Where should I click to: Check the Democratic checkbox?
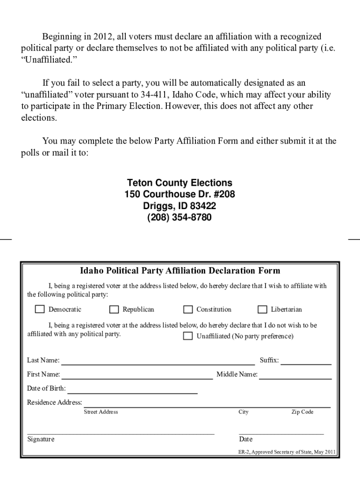[40, 309]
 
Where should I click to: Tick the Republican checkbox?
[114, 309]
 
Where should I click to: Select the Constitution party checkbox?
[188, 309]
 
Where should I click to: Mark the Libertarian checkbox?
[262, 309]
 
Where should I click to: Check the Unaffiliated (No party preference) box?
[188, 336]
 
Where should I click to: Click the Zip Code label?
[302, 412]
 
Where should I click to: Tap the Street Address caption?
[101, 412]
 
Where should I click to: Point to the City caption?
[244, 412]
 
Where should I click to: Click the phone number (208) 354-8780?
[180, 218]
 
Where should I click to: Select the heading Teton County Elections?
[180, 183]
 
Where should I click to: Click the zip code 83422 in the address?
[202, 206]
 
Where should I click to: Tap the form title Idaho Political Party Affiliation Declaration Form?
[180, 271]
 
